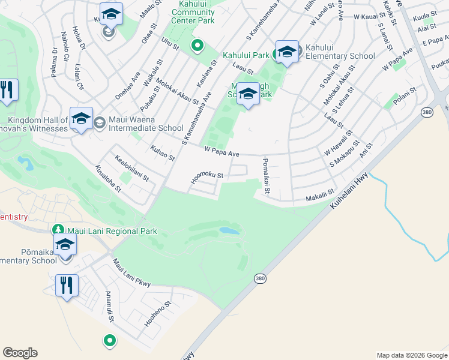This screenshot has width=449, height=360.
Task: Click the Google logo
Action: click(20, 353)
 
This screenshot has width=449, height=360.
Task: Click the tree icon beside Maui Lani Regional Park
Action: click(58, 230)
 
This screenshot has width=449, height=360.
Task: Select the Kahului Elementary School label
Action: click(340, 52)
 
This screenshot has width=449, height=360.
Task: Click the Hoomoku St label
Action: click(207, 175)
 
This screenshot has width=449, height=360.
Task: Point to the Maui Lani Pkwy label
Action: click(131, 273)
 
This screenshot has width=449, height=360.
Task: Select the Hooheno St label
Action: click(158, 314)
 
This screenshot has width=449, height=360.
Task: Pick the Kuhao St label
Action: click(162, 153)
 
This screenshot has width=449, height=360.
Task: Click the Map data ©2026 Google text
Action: click(412, 355)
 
